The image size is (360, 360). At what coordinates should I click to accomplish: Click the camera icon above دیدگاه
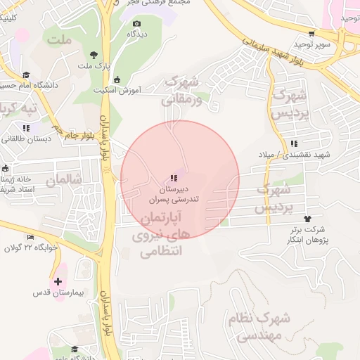click(136, 23)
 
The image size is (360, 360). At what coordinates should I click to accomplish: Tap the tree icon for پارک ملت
click(93, 55)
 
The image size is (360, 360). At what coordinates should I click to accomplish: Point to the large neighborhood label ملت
click(60, 39)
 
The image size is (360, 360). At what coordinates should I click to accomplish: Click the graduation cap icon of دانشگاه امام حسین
click(26, 75)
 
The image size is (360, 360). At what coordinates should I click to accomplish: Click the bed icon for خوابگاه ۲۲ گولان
click(30, 238)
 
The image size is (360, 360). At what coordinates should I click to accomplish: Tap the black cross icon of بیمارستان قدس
click(57, 281)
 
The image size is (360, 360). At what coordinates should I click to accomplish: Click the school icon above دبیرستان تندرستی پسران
click(174, 179)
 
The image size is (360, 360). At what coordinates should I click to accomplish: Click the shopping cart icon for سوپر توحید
click(311, 33)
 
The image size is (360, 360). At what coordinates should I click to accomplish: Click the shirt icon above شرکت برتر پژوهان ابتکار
click(307, 219)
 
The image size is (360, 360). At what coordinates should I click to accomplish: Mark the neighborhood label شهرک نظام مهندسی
click(259, 327)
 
